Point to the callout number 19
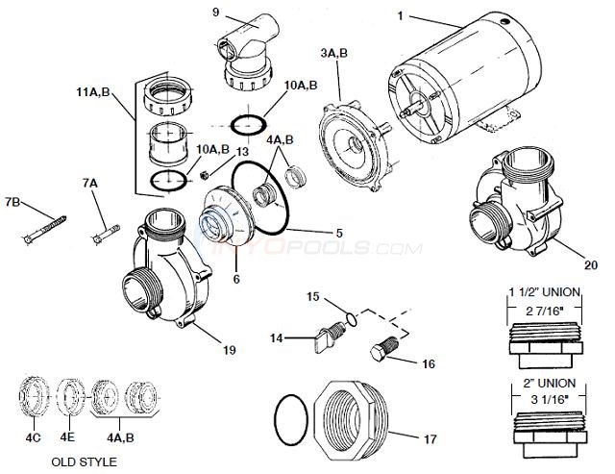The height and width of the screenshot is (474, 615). pyautogui.click(x=229, y=349)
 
